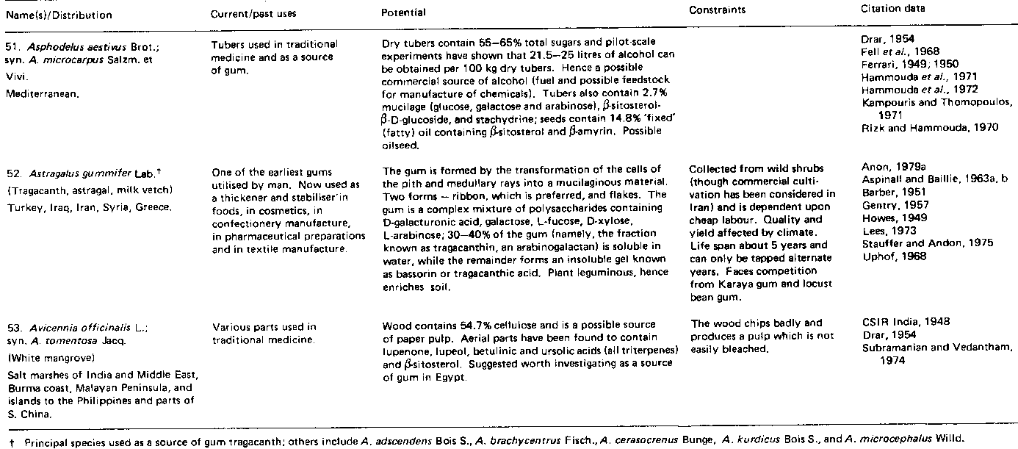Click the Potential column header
click(404, 13)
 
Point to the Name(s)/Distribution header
click(57, 15)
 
